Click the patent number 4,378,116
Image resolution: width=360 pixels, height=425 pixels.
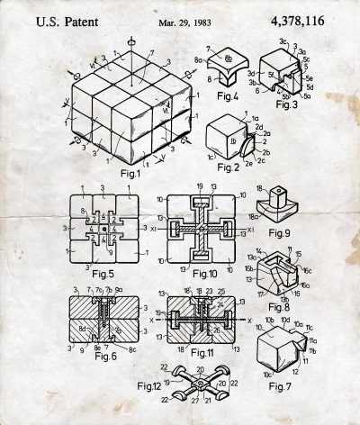coord(305,18)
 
